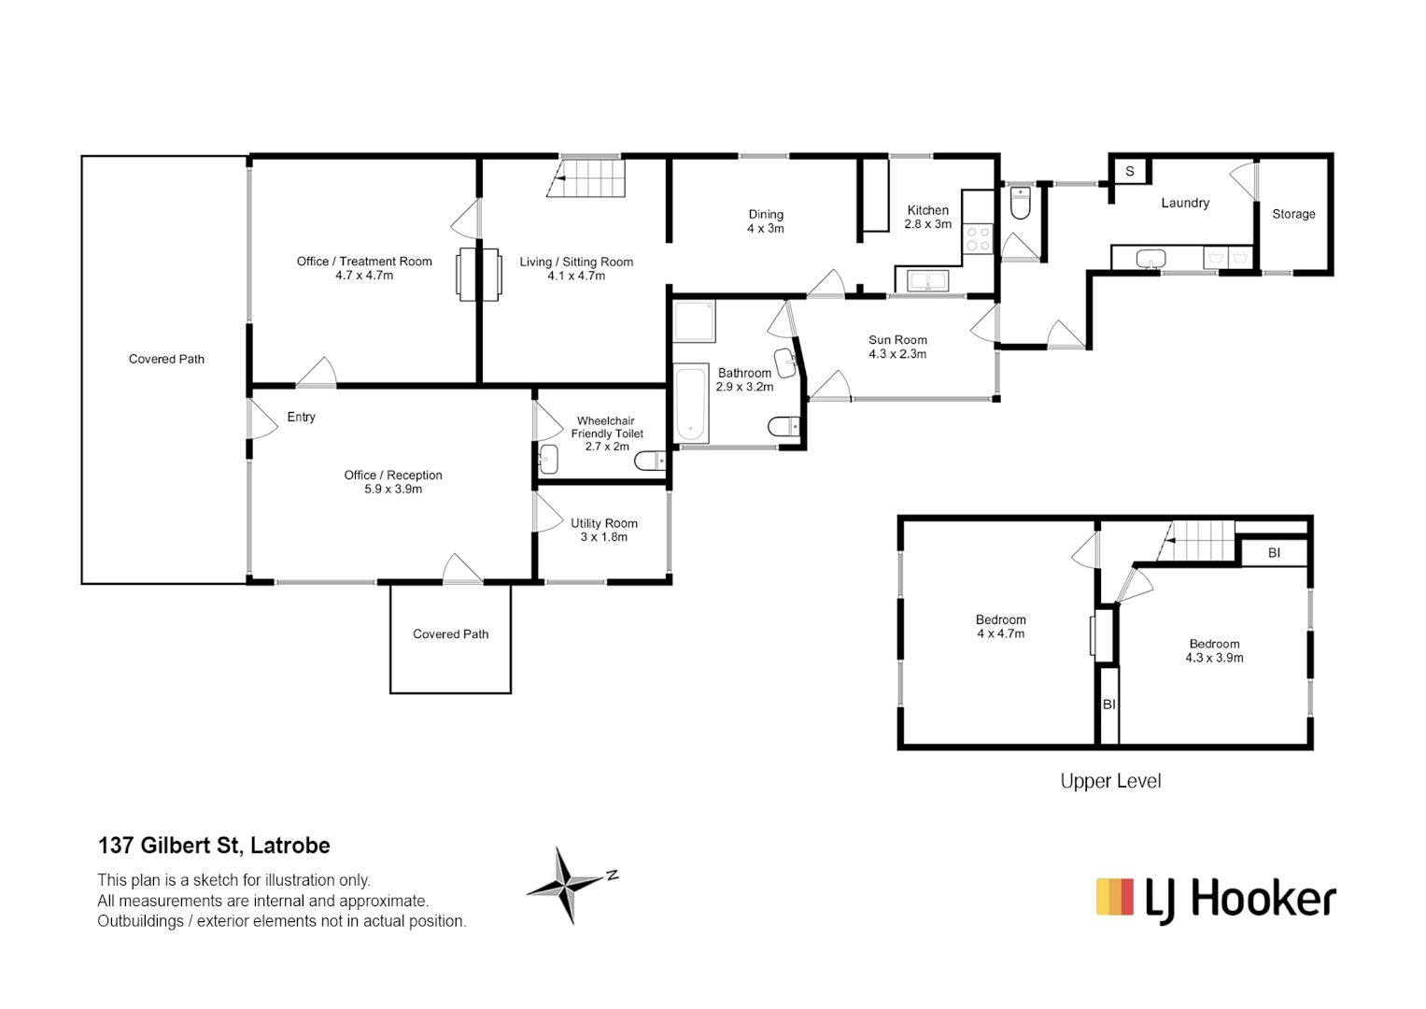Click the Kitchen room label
[927, 211]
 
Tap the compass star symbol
[566, 884]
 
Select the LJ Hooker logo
[1215, 900]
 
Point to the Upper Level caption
[1110, 781]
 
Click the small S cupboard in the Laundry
[1130, 171]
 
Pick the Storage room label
[1293, 214]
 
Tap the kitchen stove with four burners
[978, 239]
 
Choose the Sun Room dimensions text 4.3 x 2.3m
[897, 354]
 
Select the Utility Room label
[604, 523]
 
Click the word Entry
[301, 417]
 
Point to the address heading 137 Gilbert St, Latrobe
[214, 846]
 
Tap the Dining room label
[766, 215]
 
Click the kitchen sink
[927, 279]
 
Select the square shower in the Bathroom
[695, 320]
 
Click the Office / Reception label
[393, 476]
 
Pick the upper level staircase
[1201, 540]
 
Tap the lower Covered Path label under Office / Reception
[450, 634]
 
